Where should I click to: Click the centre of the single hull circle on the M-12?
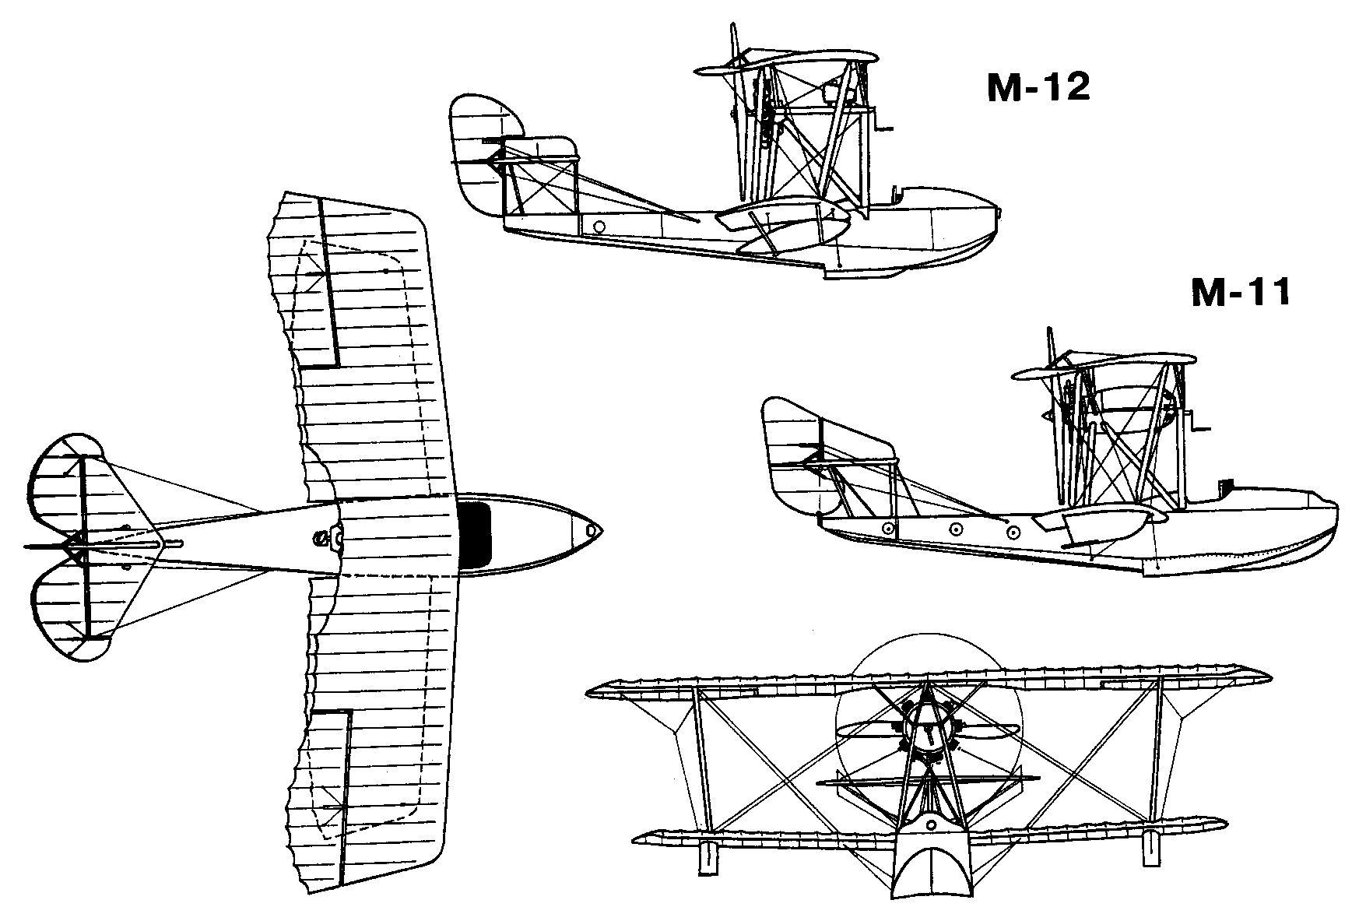[599, 227]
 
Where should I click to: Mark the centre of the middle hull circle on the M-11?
[956, 529]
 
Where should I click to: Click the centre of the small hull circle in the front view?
[931, 824]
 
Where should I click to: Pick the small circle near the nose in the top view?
[593, 531]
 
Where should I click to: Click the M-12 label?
[1038, 88]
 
